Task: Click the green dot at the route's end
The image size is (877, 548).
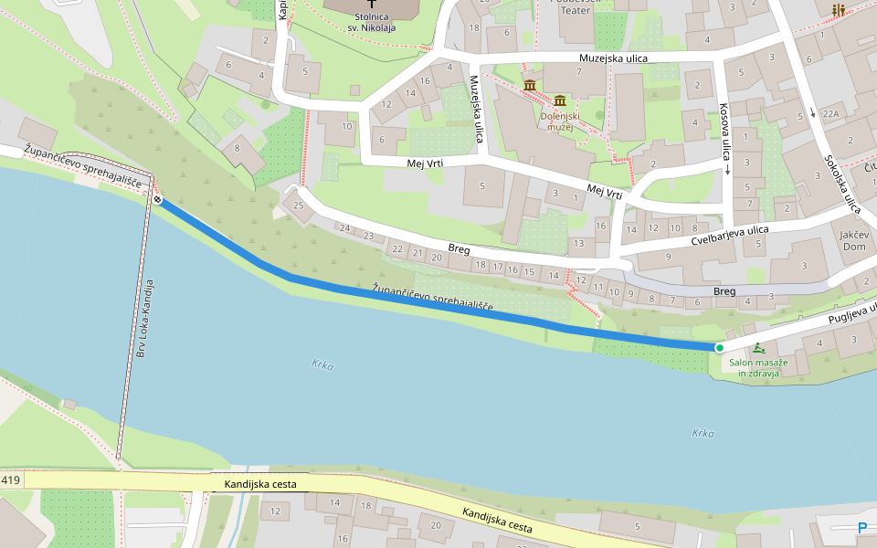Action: [719, 348]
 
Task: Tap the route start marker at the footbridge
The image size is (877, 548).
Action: [158, 200]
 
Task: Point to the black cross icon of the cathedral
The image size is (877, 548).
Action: [372, 5]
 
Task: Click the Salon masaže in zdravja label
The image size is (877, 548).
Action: [754, 368]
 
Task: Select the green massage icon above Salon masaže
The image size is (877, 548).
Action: [760, 348]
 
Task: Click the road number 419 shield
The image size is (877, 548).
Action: [11, 480]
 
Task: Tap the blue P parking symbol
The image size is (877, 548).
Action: [862, 527]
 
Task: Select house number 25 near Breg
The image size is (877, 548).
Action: [298, 205]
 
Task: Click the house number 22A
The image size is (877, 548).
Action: [829, 114]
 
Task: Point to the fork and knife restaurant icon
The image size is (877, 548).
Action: [838, 10]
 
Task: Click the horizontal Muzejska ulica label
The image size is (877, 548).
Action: [613, 58]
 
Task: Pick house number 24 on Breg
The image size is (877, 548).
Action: [344, 228]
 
